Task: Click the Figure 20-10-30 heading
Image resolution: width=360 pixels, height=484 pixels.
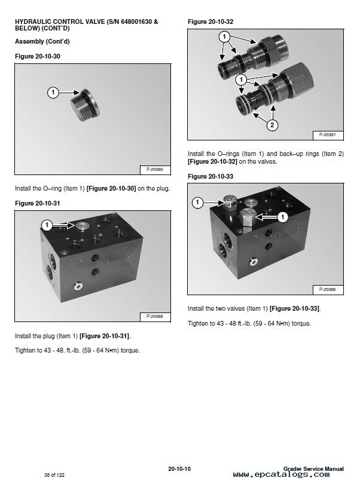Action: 38,57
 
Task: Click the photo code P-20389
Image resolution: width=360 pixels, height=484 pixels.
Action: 154,170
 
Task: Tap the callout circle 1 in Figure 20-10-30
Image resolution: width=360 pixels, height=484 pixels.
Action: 53,92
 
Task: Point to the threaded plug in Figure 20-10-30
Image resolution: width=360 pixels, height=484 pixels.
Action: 85,105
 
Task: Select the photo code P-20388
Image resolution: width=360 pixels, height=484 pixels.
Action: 154,316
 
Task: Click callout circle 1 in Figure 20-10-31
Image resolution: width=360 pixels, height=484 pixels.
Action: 47,225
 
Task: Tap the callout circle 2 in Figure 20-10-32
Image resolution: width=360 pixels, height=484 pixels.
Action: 272,125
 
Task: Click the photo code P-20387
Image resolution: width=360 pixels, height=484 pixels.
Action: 328,135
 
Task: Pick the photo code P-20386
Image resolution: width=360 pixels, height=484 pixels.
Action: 328,290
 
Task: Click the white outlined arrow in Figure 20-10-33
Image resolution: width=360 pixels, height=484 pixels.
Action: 265,217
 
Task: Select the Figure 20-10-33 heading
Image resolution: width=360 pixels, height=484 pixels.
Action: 210,176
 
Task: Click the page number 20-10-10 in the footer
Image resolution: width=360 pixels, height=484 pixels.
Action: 179,469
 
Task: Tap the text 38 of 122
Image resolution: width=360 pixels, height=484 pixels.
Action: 54,475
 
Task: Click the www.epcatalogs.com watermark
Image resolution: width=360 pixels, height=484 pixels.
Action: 281,474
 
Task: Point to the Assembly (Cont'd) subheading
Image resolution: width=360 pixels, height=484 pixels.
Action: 42,41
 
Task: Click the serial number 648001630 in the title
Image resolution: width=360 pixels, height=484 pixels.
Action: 136,22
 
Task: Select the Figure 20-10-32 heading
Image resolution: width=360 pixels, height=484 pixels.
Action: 210,22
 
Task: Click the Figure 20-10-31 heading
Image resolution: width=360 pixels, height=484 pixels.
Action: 38,203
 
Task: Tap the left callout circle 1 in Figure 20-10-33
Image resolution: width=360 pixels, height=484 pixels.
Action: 198,203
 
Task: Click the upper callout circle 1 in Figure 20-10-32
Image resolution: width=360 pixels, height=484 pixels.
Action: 224,36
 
